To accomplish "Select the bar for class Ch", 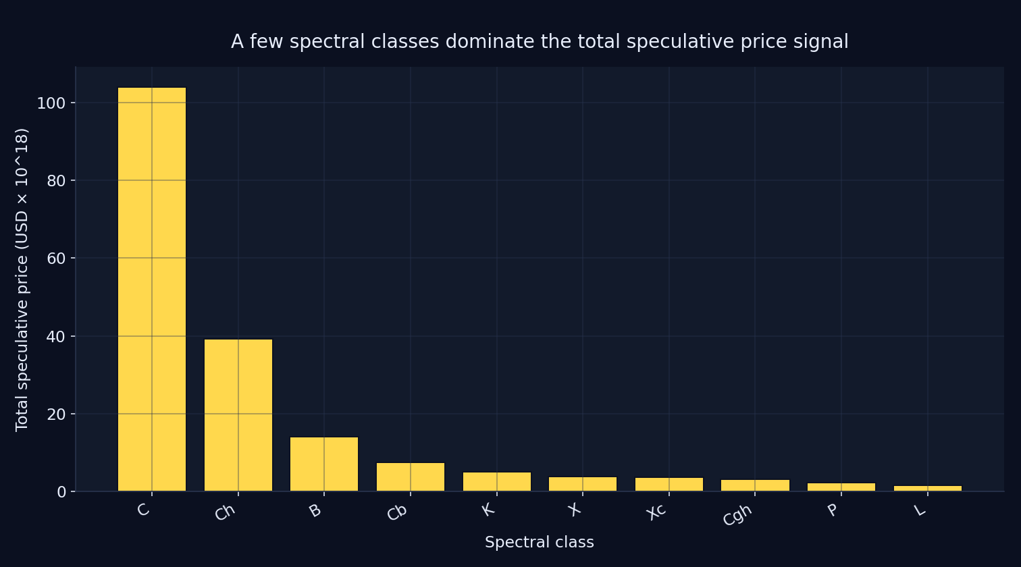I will [x=238, y=415].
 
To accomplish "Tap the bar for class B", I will [x=324, y=464].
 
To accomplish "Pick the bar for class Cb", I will [x=411, y=477].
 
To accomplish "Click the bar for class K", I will [x=497, y=481].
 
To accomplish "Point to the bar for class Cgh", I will [x=755, y=485].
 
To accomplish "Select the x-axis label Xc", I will [x=656, y=511].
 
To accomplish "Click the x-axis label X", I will [x=575, y=509].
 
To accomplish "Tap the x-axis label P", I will [x=833, y=510].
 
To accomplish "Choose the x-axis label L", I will [x=920, y=510].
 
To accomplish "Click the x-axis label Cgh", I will [x=737, y=515].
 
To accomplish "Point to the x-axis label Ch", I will [x=225, y=512].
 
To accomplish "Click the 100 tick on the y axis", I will [x=51, y=103].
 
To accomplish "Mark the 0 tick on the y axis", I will [x=61, y=492].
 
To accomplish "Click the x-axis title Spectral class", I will [x=539, y=543].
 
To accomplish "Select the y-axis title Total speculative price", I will [x=22, y=279].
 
